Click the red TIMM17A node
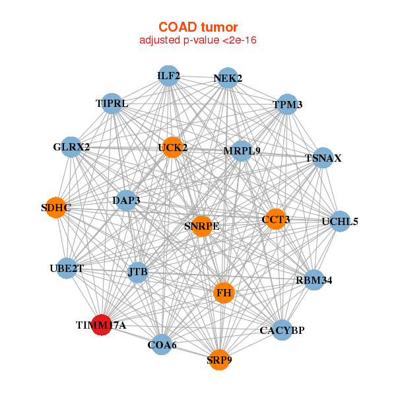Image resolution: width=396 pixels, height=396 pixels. [x=100, y=325]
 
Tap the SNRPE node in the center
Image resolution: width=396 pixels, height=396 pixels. [x=202, y=226]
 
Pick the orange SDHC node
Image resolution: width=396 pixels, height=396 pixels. [x=56, y=208]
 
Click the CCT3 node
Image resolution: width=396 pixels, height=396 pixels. [x=275, y=218]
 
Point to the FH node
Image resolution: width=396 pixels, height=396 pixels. [x=224, y=292]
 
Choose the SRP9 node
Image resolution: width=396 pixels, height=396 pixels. [x=219, y=360]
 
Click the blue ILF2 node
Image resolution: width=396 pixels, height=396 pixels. [x=168, y=76]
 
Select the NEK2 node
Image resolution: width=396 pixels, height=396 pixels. [x=228, y=79]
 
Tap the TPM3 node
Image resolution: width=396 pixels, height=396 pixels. [x=287, y=104]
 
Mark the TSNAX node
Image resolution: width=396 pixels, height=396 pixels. [x=323, y=158]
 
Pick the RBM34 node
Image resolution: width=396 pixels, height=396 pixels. [x=314, y=280]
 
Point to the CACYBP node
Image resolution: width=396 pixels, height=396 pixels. [x=282, y=330]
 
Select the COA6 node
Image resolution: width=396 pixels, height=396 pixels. [x=161, y=344]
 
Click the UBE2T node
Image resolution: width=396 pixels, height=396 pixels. [x=66, y=268]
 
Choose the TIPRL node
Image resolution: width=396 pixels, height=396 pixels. [x=112, y=104]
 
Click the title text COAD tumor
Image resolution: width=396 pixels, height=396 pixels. [x=197, y=27]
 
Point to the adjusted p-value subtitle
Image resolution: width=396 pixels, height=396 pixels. [x=197, y=40]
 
